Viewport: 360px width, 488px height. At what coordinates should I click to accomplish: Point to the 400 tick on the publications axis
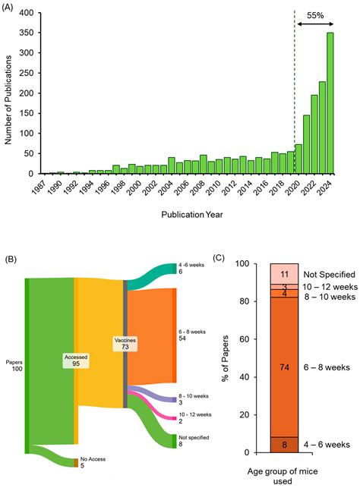point(24,14)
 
